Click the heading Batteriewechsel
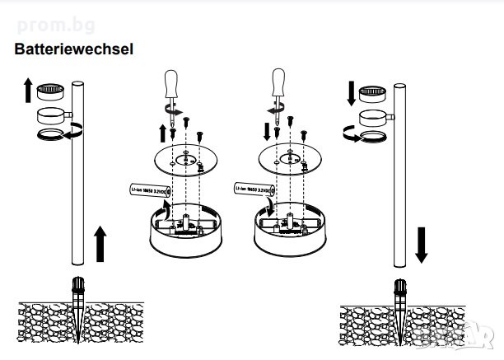(x=74, y=49)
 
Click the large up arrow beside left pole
(x=101, y=245)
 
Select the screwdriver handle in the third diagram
(x=277, y=82)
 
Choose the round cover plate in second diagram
(x=189, y=161)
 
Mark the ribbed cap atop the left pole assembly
(x=51, y=87)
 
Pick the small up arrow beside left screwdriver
(x=162, y=133)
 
